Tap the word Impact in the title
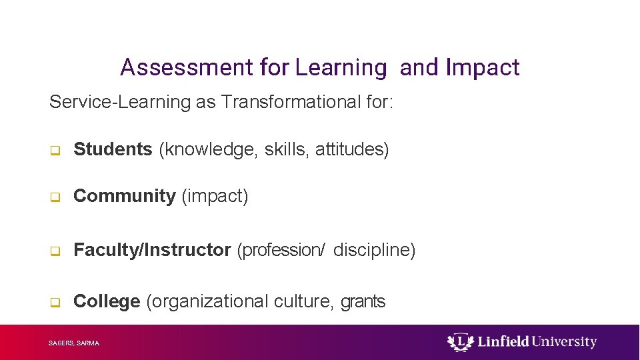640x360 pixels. coord(482,67)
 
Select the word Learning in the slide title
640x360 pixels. coord(341,67)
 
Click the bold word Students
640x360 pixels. coord(113,149)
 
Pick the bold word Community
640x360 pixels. coord(124,196)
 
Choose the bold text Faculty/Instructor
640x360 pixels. coord(152,250)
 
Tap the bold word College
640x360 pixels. coord(107,301)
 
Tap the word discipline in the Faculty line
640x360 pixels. coord(374,250)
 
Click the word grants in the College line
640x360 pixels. coord(363,302)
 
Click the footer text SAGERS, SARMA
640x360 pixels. coord(74,343)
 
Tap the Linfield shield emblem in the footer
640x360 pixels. coord(460,343)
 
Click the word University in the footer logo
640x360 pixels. coord(565,342)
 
